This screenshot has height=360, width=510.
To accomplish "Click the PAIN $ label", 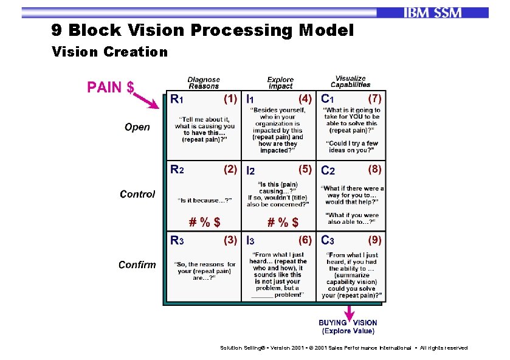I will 111,88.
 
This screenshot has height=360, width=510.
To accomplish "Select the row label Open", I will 137,127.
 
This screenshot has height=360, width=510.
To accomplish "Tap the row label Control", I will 137,194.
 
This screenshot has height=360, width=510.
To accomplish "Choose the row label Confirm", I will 137,265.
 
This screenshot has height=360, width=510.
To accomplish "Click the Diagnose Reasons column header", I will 204,83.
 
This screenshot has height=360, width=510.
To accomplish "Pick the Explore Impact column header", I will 280,83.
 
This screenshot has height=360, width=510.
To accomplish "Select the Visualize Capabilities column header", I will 351,81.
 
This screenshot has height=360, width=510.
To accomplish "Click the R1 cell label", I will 176,98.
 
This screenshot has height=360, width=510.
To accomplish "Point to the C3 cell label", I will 328,240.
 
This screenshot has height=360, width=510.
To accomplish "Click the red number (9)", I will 375,240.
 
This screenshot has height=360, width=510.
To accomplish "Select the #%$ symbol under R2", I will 204,221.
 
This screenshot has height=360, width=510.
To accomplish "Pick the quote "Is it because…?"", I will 204,200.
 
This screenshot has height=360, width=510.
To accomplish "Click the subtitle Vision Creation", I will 109,52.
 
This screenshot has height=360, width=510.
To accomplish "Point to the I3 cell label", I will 250,241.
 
